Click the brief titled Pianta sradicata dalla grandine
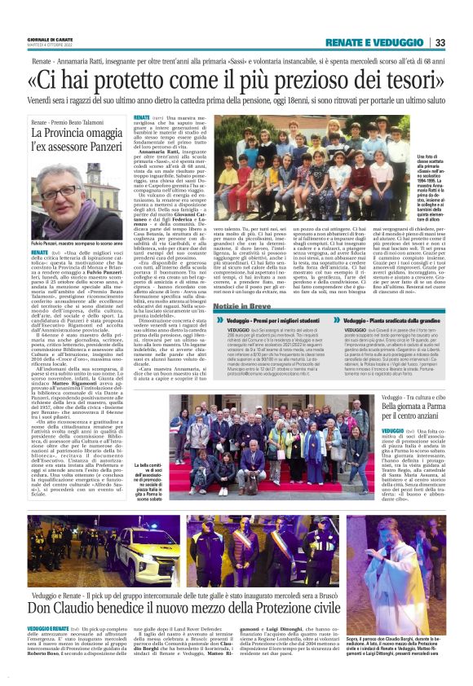pyautogui.click(x=391, y=322)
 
